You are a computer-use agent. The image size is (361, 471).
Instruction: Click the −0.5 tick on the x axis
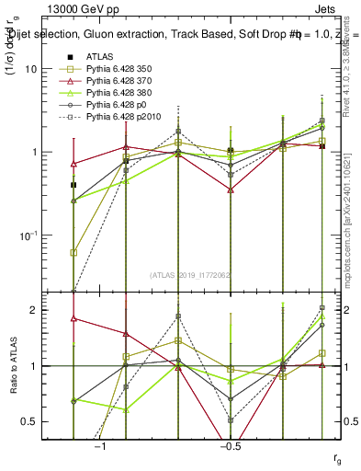tap(230, 446)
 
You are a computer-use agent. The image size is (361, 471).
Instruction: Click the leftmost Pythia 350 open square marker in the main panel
tap(73, 252)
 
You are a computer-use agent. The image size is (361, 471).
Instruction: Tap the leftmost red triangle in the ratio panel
tap(73, 318)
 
